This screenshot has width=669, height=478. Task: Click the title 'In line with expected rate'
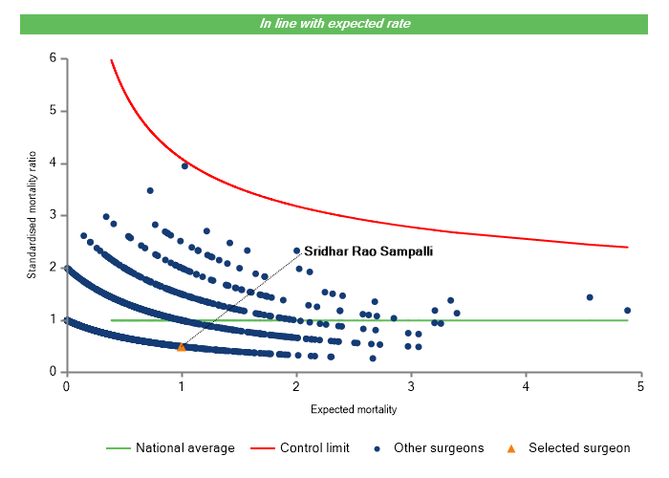334,23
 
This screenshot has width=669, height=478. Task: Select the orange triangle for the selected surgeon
182,346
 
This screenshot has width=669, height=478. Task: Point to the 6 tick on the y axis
53,58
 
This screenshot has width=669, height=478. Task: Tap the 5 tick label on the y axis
53,111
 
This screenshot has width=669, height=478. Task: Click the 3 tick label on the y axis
53,215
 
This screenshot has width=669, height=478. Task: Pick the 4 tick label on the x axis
527,386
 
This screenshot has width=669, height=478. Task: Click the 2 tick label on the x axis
296,386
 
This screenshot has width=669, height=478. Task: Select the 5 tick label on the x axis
641,386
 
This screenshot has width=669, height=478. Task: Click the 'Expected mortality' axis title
354,409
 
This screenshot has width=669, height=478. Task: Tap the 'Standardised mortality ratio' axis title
32,213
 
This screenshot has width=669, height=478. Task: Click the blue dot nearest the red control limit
184,165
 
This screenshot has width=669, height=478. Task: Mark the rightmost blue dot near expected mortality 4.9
627,310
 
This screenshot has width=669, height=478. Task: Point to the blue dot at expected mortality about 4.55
590,297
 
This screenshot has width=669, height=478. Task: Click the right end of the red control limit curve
628,248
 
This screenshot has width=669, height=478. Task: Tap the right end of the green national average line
628,320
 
